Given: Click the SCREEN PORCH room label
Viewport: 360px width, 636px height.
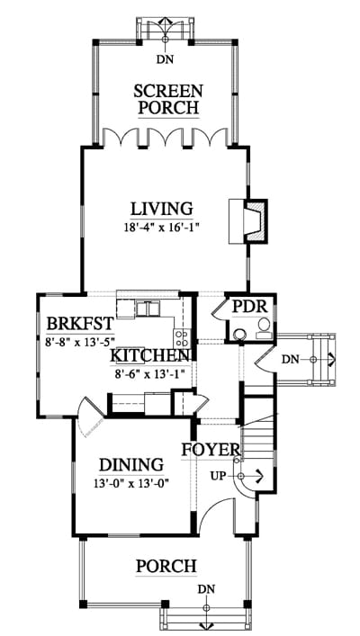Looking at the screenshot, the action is tap(168, 99).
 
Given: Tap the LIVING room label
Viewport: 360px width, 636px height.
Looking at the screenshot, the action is tap(161, 209).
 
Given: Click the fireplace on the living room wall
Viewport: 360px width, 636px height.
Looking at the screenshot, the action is tap(248, 221).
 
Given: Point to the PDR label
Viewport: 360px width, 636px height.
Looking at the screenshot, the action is tap(250, 307).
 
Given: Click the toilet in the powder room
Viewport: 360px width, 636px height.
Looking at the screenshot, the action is tap(264, 328).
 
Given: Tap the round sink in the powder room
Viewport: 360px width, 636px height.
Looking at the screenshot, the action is tap(240, 335).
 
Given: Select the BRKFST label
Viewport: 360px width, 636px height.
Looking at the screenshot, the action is tap(79, 324).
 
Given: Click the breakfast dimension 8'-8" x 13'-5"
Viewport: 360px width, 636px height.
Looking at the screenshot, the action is tap(80, 341).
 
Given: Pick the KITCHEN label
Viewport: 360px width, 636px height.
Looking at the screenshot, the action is tap(150, 356).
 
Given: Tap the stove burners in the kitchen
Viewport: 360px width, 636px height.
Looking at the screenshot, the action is tap(183, 338).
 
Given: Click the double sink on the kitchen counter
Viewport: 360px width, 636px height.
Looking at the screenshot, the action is tap(147, 309).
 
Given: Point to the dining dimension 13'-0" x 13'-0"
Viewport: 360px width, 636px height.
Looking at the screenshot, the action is tap(131, 483).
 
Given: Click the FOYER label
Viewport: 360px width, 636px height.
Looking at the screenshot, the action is tap(211, 450).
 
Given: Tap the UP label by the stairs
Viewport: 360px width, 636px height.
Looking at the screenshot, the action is tap(219, 476).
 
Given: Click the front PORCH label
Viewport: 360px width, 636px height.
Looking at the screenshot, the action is tap(166, 566).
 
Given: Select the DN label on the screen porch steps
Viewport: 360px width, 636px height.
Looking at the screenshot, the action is tap(165, 59).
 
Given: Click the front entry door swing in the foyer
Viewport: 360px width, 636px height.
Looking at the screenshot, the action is tap(215, 512).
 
